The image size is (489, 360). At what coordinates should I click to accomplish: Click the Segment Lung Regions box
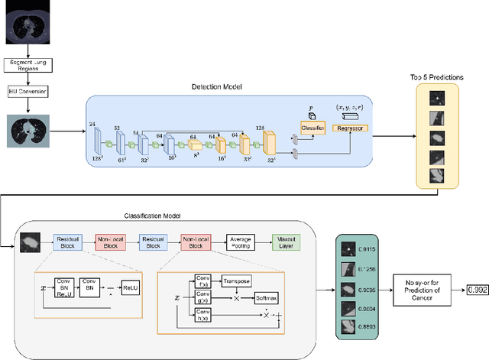click(29, 66)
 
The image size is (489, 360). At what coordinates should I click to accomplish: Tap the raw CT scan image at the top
click(29, 21)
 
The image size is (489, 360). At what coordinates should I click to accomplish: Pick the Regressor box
click(351, 128)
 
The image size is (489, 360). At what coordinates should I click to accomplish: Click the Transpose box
click(237, 281)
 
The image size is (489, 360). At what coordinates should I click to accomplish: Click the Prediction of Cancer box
click(422, 290)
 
